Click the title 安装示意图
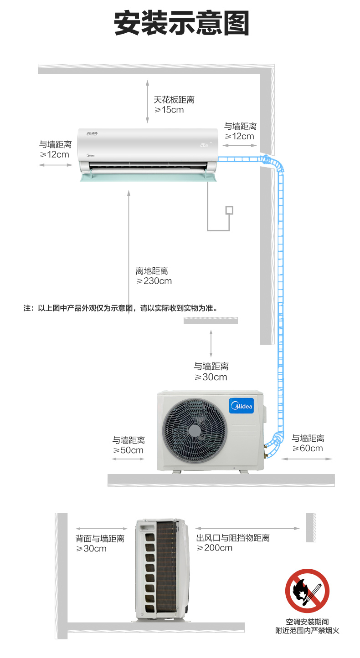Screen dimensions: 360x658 click(181, 23)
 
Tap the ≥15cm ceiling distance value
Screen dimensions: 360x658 click(169, 110)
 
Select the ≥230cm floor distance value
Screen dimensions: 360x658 click(154, 281)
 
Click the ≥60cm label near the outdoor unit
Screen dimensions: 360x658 click(308, 448)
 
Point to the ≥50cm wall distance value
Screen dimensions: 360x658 click(129, 450)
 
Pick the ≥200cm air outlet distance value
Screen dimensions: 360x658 click(215, 548)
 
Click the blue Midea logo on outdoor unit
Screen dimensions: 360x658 click(242, 406)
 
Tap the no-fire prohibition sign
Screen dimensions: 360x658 click(307, 591)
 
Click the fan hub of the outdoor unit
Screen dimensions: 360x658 click(195, 431)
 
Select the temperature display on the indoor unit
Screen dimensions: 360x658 click(204, 145)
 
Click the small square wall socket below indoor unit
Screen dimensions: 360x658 click(229, 210)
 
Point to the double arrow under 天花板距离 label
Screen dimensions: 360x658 click(148, 102)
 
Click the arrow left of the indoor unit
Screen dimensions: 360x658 click(56, 165)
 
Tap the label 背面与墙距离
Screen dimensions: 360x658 click(100, 538)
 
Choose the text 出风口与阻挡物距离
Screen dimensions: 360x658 click(233, 538)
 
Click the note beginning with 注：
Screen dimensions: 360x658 click(121, 308)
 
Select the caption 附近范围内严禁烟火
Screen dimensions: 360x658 click(308, 631)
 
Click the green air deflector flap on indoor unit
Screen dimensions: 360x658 click(149, 177)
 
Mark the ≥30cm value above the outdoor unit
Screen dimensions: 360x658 click(211, 377)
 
